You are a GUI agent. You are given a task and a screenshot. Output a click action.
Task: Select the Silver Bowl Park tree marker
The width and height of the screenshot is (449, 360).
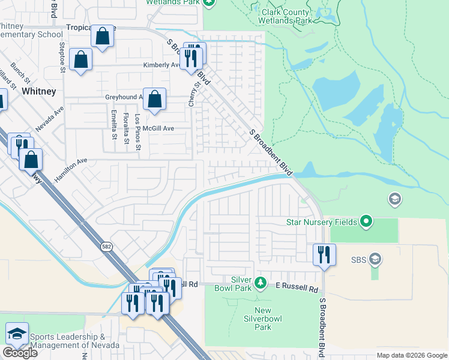(260, 281)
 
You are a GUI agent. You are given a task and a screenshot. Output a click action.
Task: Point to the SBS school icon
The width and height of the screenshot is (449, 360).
(375, 259)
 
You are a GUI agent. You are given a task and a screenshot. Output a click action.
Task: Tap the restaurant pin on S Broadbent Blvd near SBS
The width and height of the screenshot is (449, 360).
(324, 254)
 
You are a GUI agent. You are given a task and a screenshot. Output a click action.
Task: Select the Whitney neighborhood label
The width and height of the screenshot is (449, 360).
(38, 91)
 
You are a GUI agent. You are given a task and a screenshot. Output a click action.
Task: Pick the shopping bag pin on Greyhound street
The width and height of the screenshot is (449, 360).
(155, 100)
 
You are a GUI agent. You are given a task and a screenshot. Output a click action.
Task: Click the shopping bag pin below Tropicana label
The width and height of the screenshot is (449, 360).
(103, 36)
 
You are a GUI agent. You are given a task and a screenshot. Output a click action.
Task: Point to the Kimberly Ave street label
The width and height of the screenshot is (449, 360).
(161, 65)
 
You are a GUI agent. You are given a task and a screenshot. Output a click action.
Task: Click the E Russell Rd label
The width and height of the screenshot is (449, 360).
(297, 289)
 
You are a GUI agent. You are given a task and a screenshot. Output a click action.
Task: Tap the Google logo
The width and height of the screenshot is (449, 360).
(20, 352)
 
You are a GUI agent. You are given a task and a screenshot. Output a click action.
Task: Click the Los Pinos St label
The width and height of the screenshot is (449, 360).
(138, 131)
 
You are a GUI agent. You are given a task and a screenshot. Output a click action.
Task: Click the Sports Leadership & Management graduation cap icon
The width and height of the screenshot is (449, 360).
(17, 334)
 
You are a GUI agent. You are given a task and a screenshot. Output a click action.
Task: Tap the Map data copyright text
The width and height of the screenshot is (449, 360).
(412, 355)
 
